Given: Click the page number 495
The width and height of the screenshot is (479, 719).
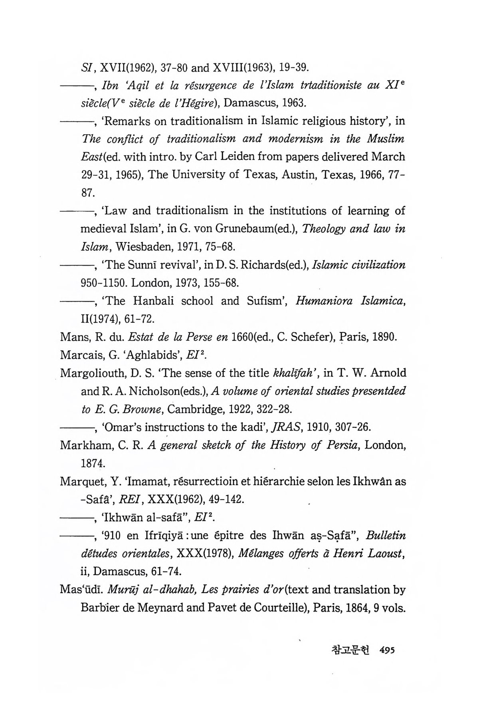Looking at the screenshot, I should tap(386, 650).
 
